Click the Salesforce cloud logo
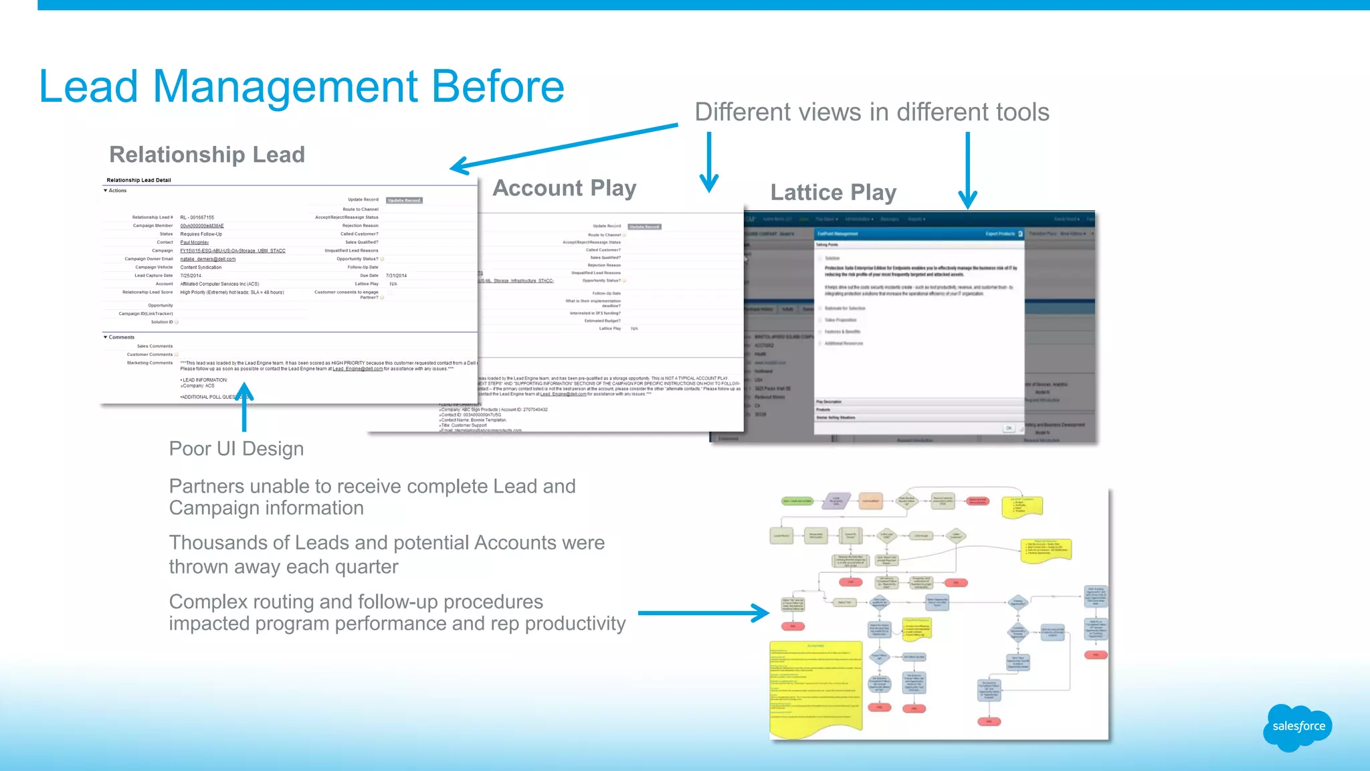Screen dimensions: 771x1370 click(x=1297, y=727)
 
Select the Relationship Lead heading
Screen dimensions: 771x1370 click(x=207, y=155)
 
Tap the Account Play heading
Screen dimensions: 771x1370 click(x=564, y=189)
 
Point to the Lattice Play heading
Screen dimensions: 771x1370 click(x=833, y=193)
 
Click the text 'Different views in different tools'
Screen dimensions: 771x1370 click(x=871, y=112)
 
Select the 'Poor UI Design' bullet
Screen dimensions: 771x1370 click(x=236, y=448)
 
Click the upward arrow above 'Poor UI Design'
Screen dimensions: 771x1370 click(x=245, y=406)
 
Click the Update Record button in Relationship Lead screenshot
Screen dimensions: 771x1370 click(x=404, y=200)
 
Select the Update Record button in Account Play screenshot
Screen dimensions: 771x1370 click(x=644, y=227)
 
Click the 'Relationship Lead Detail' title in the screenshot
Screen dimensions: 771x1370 click(x=138, y=180)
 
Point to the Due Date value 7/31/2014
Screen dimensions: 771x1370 click(x=396, y=276)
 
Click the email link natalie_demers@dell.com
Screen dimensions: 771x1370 click(x=207, y=259)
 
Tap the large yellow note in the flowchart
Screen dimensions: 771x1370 click(x=815, y=686)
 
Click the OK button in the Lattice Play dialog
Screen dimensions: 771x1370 click(x=1009, y=428)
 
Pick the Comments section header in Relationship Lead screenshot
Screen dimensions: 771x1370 click(x=121, y=337)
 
